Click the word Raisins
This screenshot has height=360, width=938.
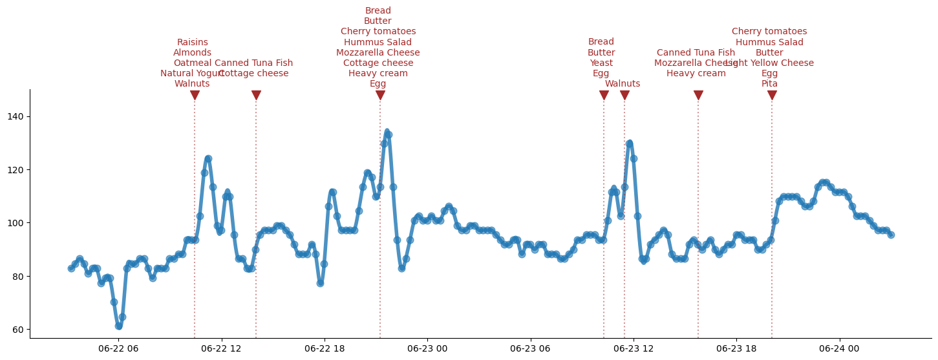(193, 43)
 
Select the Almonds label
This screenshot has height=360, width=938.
(193, 53)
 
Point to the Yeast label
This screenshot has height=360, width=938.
(601, 63)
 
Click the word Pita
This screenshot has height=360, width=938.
(769, 84)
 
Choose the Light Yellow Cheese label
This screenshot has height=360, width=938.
(769, 63)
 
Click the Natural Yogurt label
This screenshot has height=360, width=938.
(192, 74)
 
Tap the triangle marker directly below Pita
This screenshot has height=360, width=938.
(772, 96)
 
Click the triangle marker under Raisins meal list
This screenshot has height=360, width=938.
(195, 96)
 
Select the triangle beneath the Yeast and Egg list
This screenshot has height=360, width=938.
(604, 96)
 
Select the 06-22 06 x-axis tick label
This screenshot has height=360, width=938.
(118, 349)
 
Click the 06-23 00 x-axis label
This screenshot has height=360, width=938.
(427, 349)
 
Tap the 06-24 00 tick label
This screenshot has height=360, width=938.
(840, 349)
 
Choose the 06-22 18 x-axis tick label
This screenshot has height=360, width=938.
(324, 349)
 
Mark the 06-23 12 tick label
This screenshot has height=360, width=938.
(634, 349)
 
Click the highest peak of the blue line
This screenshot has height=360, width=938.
(387, 131)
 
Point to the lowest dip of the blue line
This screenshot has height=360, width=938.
(118, 326)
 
